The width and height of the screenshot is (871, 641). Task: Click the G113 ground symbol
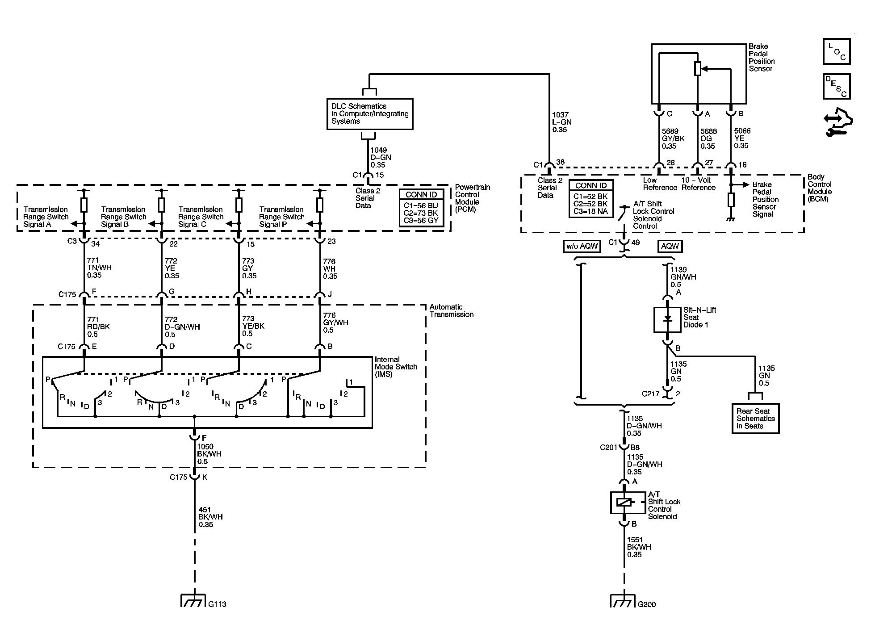[193, 600]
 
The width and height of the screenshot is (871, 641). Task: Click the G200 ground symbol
[623, 600]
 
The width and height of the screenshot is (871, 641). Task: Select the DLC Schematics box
[370, 114]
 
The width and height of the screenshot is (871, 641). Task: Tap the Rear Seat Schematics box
[755, 419]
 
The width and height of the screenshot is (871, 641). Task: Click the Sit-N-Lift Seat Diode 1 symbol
[667, 319]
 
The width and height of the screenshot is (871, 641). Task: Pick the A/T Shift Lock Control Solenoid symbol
[624, 503]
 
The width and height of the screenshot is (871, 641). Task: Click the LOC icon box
[837, 51]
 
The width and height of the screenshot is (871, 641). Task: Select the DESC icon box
[837, 86]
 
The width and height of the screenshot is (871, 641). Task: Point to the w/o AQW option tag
[582, 246]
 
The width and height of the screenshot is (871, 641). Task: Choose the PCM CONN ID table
[421, 208]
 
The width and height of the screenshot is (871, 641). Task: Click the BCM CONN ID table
[591, 198]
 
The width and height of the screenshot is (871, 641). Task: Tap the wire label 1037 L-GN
[562, 122]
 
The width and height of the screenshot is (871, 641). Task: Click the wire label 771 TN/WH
[99, 268]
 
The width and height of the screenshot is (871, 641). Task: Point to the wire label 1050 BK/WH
[209, 454]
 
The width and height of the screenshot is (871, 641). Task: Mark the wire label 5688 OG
[708, 138]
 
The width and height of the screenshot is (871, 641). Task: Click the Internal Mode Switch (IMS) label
[396, 367]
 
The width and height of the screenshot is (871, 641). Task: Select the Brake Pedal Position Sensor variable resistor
[698, 69]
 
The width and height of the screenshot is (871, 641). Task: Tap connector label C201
[608, 447]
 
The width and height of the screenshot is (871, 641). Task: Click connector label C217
[651, 394]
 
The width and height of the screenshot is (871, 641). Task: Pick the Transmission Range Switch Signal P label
[281, 217]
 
